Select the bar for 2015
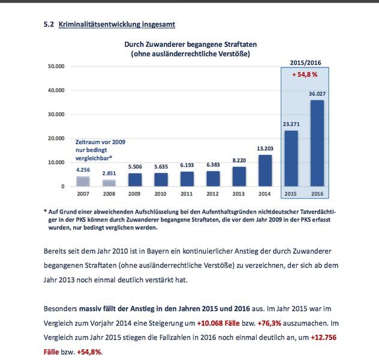[x=290, y=158]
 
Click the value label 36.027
[x=317, y=93]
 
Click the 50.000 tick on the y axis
[x=55, y=67]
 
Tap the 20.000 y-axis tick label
[x=55, y=139]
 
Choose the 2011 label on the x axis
[x=187, y=194]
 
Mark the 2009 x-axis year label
[x=134, y=194]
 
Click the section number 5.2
[x=49, y=24]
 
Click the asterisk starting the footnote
[x=46, y=211]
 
